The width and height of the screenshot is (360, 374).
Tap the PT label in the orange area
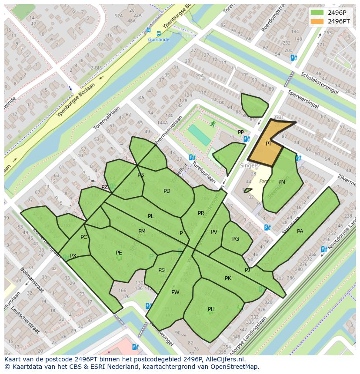[269, 144]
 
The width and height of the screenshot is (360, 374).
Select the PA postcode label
[300, 232]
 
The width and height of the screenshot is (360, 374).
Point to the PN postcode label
[282, 182]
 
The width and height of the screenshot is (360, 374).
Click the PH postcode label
[211, 309]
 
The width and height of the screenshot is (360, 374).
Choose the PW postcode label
[175, 292]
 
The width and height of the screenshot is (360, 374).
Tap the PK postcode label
[228, 278]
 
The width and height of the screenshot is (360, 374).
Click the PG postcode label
[236, 239]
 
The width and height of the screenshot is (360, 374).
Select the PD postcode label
[167, 191]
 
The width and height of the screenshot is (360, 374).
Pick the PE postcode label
[119, 253]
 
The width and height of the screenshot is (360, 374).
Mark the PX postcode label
[73, 256]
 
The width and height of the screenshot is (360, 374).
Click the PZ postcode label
[104, 187]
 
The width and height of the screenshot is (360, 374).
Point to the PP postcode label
[241, 132]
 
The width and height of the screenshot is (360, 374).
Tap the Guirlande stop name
[158, 40]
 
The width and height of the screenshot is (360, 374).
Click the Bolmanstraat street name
[30, 282]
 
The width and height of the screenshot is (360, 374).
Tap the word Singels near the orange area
[249, 165]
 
